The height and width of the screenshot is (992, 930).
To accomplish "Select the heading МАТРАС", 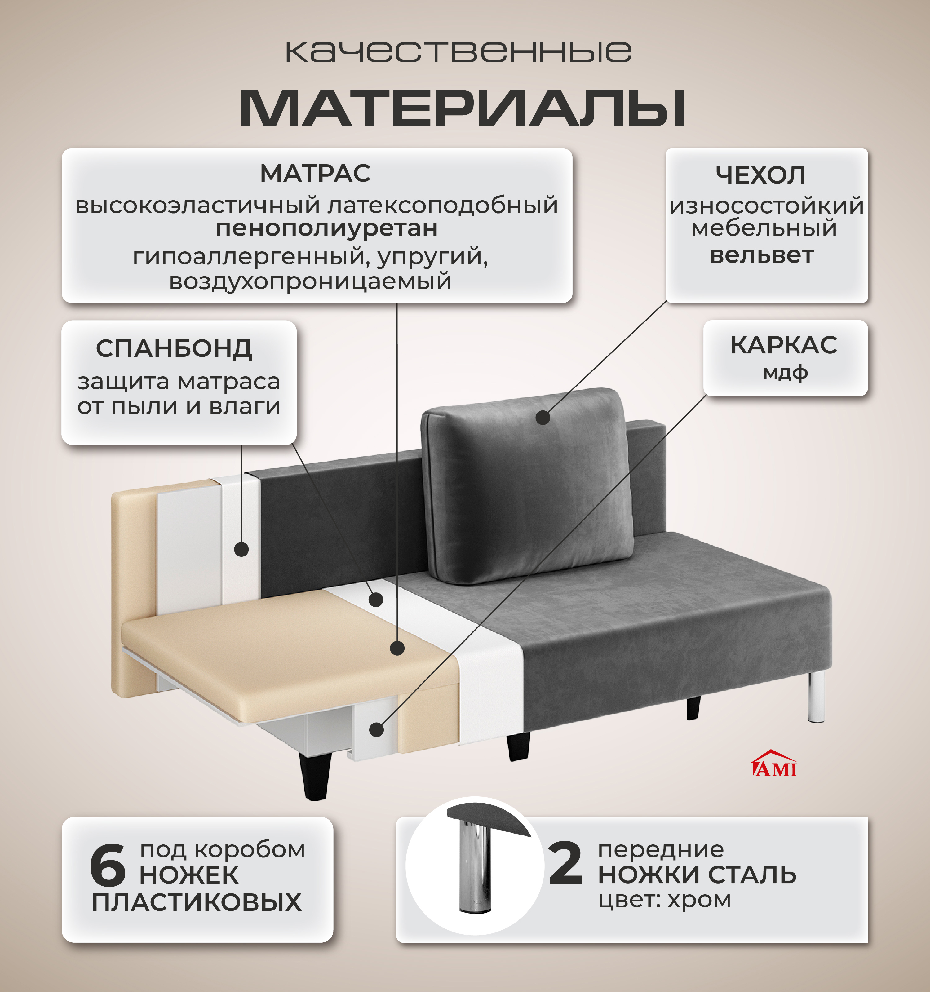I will click(x=315, y=174).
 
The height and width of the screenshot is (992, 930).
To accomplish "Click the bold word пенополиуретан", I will click(x=327, y=228).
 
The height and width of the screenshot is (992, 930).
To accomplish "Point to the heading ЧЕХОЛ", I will click(x=760, y=175).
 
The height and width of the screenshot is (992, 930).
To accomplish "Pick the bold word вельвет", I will click(x=762, y=255).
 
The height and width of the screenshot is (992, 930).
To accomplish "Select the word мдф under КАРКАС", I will click(x=785, y=372).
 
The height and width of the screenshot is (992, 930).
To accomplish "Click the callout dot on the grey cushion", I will click(x=542, y=417).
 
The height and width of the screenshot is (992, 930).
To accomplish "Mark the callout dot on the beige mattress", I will click(x=397, y=648).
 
